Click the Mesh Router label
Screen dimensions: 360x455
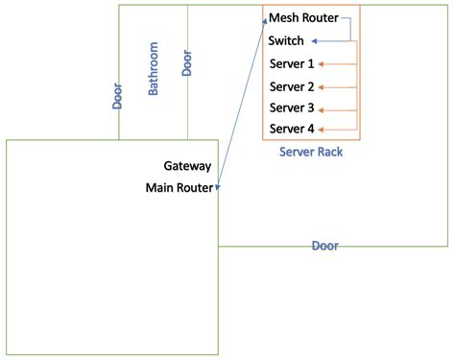pyautogui.click(x=303, y=18)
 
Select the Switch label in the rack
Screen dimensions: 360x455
pyautogui.click(x=286, y=41)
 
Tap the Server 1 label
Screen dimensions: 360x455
pyautogui.click(x=292, y=64)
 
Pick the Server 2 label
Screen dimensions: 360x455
pyautogui.click(x=292, y=86)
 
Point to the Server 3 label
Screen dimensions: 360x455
pyautogui.click(x=292, y=108)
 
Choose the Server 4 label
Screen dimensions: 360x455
pyautogui.click(x=292, y=129)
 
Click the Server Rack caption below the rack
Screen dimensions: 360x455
pyautogui.click(x=310, y=152)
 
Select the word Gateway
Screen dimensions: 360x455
pyautogui.click(x=187, y=166)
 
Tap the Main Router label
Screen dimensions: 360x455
pyautogui.click(x=179, y=187)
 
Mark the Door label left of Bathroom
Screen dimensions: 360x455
pyautogui.click(x=117, y=96)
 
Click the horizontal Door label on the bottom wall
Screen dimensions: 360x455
pyautogui.click(x=324, y=246)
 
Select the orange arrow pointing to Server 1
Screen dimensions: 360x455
pyautogui.click(x=337, y=64)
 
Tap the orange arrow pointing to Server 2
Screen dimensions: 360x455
pyautogui.click(x=337, y=86)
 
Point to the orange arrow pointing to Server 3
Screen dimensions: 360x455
pyautogui.click(x=337, y=108)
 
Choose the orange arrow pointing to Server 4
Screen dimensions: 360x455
pyautogui.click(x=337, y=129)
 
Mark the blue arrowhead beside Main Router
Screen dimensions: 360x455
pyautogui.click(x=220, y=186)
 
